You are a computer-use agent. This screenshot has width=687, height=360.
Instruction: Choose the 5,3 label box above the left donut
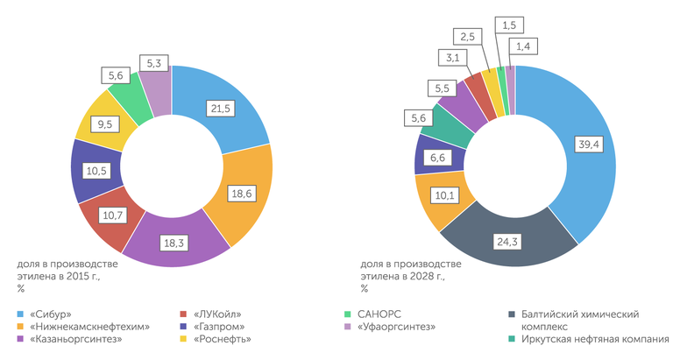(154, 63)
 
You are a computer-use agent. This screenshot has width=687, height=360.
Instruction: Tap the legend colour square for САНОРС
(349, 313)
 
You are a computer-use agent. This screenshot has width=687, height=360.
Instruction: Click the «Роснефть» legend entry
(220, 339)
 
